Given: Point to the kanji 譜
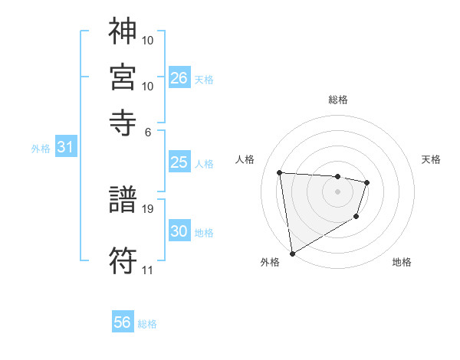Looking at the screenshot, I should (123, 201).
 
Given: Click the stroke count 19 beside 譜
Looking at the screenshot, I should (149, 208).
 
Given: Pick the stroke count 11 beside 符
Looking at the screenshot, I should (147, 270).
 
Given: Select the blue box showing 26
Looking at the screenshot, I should (179, 77).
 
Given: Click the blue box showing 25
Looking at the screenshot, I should (179, 162).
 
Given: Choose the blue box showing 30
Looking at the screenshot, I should (179, 231).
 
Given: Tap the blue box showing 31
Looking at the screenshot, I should (65, 147).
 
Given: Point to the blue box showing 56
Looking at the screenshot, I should (123, 322).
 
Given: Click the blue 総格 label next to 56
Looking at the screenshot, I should (147, 324).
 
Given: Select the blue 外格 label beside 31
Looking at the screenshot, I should (41, 149).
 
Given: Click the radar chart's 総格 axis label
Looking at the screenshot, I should (337, 100).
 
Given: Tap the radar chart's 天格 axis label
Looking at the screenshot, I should (431, 159).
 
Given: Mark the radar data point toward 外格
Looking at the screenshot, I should (292, 252).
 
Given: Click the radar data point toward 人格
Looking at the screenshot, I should (280, 172).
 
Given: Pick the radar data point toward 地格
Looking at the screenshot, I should (356, 217).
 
